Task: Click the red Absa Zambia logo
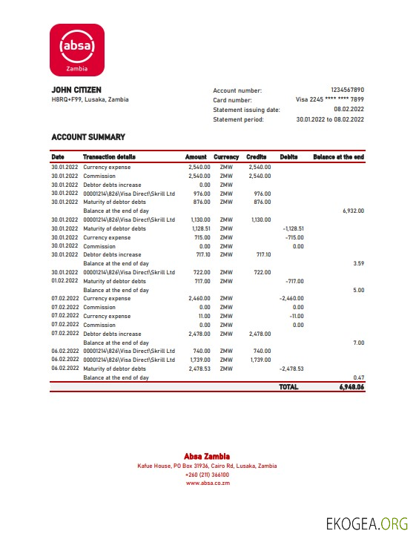77,49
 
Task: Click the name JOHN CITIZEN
76,90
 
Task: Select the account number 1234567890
347,90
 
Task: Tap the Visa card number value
330,99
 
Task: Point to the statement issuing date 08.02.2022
349,109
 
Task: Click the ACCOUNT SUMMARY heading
88,137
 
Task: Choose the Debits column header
288,157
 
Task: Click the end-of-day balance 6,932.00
353,211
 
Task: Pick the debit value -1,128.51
294,228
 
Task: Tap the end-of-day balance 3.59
358,263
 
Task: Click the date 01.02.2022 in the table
65,281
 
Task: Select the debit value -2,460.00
291,299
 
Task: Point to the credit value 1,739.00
261,360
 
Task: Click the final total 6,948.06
347,387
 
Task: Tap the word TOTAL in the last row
288,387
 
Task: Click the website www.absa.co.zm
207,483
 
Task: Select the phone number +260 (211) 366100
207,475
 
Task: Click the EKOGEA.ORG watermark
367,524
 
